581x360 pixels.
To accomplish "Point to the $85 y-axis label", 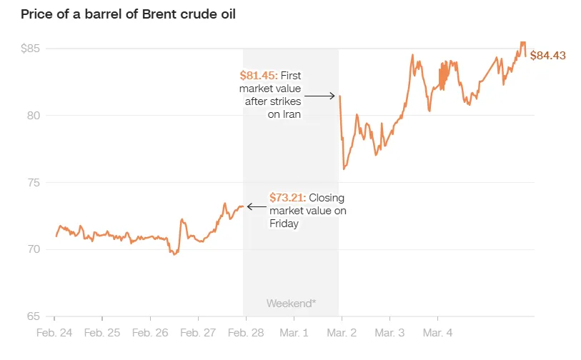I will pyautogui.click(x=31, y=49).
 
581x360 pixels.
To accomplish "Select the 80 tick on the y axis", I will pyautogui.click(x=34, y=116).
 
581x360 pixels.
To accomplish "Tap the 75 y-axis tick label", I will pyautogui.click(x=34, y=183).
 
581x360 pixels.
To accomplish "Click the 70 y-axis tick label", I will pyautogui.click(x=34, y=250).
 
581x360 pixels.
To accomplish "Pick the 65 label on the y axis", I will pyautogui.click(x=34, y=316).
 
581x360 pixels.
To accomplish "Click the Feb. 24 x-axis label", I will pyautogui.click(x=55, y=332).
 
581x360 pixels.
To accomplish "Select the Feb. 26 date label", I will pyautogui.click(x=151, y=332).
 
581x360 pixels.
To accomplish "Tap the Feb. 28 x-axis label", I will pyautogui.click(x=246, y=332).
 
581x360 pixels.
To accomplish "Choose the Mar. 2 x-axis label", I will pyautogui.click(x=341, y=332).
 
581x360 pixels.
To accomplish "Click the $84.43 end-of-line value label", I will pyautogui.click(x=548, y=56).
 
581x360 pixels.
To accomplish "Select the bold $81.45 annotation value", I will pyautogui.click(x=259, y=76).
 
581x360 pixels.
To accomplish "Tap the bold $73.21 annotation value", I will pyautogui.click(x=287, y=198).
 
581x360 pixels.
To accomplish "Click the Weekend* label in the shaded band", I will pyautogui.click(x=291, y=303).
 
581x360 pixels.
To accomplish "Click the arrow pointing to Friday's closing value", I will pyautogui.click(x=255, y=206).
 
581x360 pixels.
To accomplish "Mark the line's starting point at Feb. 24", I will pyautogui.click(x=56, y=236).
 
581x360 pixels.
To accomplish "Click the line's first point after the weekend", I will pyautogui.click(x=339, y=96).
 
